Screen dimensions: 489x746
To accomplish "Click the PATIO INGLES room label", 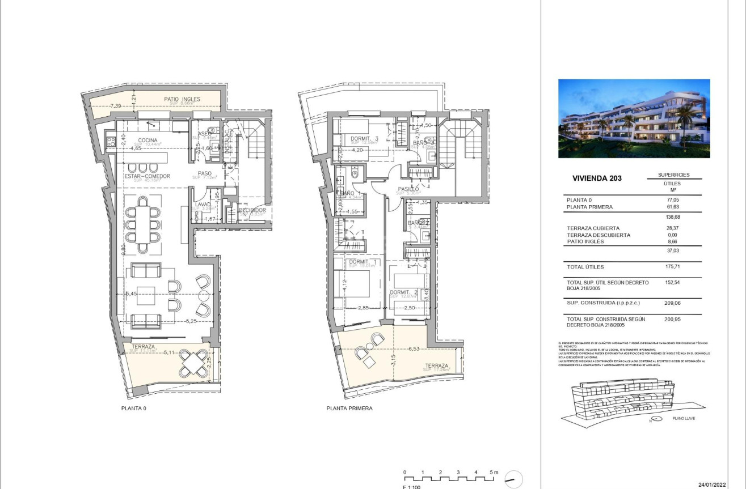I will pyautogui.click(x=182, y=99).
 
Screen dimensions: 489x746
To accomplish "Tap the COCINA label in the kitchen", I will pyautogui.click(x=147, y=141).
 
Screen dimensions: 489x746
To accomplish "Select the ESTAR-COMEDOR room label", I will pyautogui.click(x=147, y=176).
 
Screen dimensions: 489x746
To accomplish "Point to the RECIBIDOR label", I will pyautogui.click(x=252, y=210).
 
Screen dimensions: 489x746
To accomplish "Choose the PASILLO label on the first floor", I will pyautogui.click(x=407, y=189).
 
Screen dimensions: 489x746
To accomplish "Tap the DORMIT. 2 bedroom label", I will pyautogui.click(x=403, y=293).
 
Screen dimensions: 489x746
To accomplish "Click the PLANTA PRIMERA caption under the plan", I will pyautogui.click(x=349, y=408).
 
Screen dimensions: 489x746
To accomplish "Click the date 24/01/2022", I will pyautogui.click(x=712, y=484).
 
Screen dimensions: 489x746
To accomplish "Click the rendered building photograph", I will pyautogui.click(x=634, y=118).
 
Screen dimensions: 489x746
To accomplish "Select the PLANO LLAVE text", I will pyautogui.click(x=684, y=419).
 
